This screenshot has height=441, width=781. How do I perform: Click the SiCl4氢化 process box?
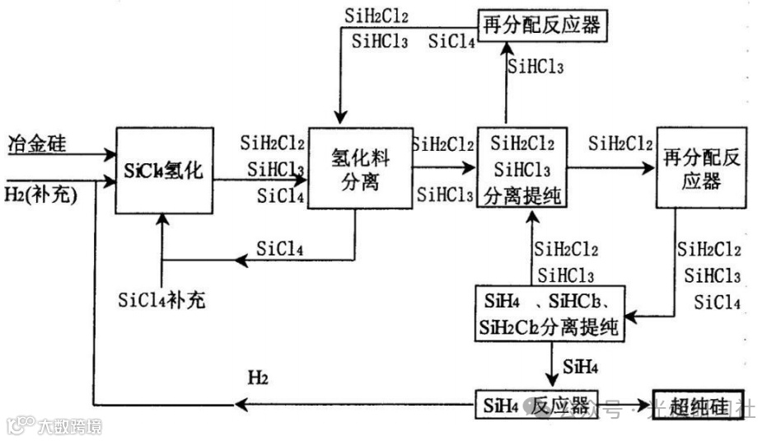[164, 171]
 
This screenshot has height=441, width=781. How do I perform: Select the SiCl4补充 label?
[161, 300]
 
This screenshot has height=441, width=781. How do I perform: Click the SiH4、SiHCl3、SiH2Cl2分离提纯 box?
[550, 313]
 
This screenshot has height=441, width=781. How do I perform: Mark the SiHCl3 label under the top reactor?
[535, 68]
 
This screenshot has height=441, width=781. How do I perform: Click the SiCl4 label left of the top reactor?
[451, 41]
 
